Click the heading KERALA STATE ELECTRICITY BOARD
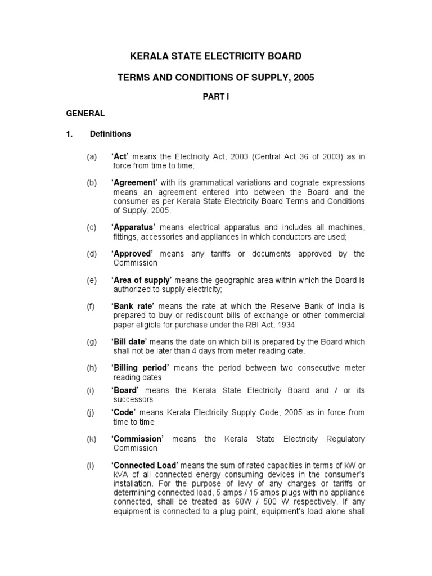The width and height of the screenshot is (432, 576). (x=216, y=56)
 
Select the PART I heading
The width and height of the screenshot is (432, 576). (x=216, y=97)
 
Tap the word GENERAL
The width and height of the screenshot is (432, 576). (x=85, y=114)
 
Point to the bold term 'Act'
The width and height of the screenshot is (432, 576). (x=121, y=157)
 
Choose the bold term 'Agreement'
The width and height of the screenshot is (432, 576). (x=133, y=183)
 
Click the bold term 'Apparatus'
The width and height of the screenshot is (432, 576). (x=133, y=227)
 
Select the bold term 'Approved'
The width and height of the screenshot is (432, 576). (x=132, y=254)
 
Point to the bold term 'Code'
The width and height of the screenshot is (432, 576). (x=124, y=412)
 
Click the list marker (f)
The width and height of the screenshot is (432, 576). (x=91, y=307)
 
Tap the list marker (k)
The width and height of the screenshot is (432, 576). (x=91, y=439)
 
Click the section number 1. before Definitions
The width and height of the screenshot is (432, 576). (x=70, y=134)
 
